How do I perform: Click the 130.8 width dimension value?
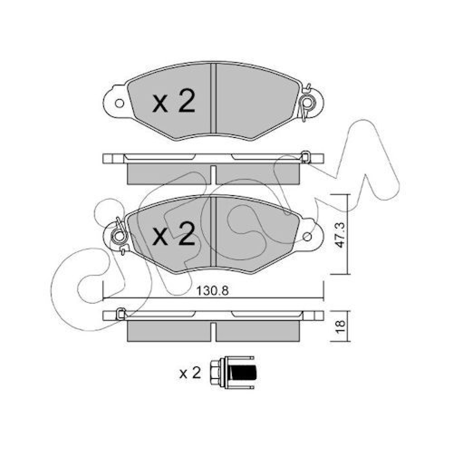(x=213, y=291)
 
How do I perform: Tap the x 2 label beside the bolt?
(x=190, y=373)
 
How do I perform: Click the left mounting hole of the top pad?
(x=120, y=104)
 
